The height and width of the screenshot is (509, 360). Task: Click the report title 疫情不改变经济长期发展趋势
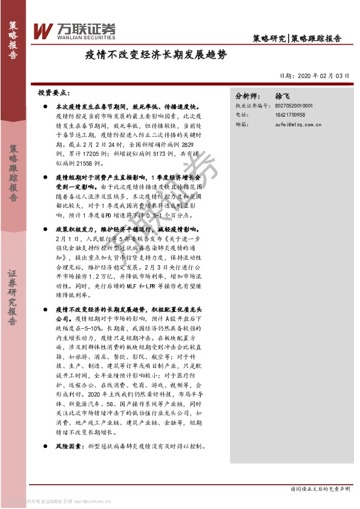click(x=155, y=56)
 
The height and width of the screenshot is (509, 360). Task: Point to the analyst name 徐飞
click(x=283, y=96)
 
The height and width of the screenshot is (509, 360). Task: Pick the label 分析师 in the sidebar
click(x=246, y=96)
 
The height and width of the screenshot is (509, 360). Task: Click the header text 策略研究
click(x=269, y=38)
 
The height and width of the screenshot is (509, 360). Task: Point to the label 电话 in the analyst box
click(x=241, y=114)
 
